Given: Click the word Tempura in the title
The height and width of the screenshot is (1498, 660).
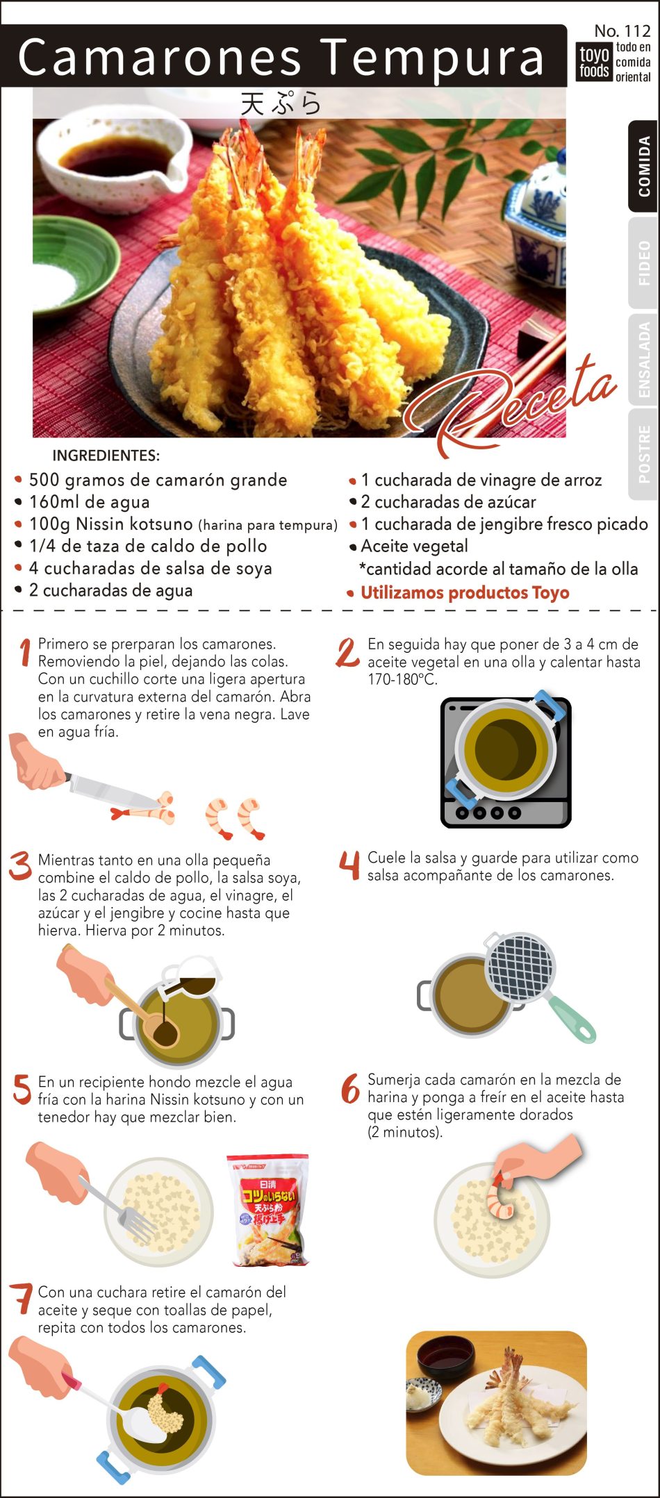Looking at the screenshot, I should tap(434, 58).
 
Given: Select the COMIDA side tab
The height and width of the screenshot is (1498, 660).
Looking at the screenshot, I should tap(643, 167).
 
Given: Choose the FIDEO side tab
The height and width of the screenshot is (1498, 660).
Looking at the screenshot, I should tap(643, 263).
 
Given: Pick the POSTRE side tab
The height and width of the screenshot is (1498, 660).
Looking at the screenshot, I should tap(643, 455).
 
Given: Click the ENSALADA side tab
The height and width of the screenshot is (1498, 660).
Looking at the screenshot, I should tap(643, 360).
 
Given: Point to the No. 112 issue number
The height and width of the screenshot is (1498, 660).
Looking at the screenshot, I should tap(622, 31).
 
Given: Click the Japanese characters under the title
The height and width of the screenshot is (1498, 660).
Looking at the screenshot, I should tap(281, 104).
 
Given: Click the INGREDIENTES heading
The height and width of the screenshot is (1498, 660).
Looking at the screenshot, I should tap(106, 456).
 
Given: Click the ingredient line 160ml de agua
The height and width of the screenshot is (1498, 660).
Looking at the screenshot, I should tap(89, 501).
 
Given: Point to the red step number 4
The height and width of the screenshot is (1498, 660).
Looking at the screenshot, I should tap(349, 866).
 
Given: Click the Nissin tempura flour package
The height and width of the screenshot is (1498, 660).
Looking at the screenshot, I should tap(267, 1210).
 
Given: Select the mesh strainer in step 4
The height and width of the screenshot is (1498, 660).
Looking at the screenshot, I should tap(520, 967).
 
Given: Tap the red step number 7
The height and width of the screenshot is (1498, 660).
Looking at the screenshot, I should tap(22, 1299).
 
